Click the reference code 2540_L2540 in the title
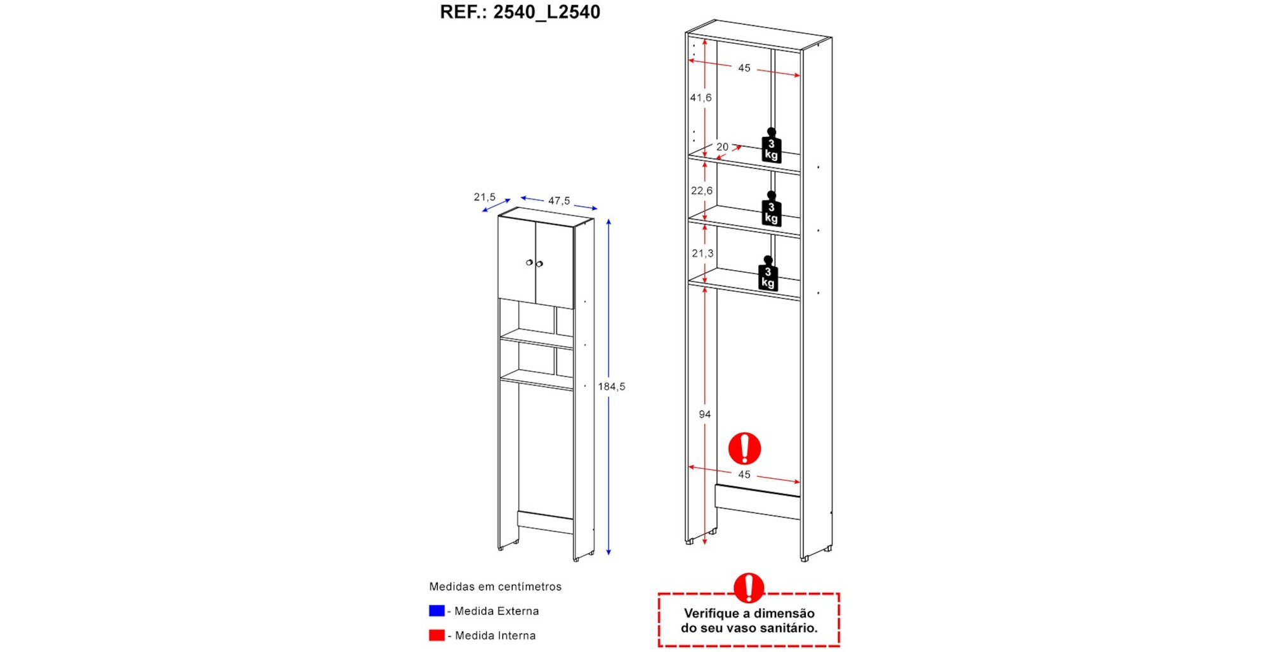click(x=546, y=12)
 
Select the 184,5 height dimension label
click(x=611, y=386)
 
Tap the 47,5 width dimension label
click(x=559, y=200)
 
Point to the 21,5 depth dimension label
click(x=484, y=197)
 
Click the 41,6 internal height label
click(x=700, y=98)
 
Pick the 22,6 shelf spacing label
click(x=701, y=190)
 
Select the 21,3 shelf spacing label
click(x=702, y=253)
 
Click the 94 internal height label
click(x=704, y=414)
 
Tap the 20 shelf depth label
click(x=722, y=147)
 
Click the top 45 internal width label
click(x=744, y=68)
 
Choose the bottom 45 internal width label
click(x=744, y=474)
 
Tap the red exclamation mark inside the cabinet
click(x=744, y=448)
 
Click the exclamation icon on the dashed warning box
click(x=749, y=588)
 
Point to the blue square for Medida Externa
click(x=437, y=611)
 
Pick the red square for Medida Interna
click(x=437, y=635)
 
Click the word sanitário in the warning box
click(x=785, y=629)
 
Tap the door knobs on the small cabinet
click(x=534, y=263)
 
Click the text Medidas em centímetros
click(x=495, y=587)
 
